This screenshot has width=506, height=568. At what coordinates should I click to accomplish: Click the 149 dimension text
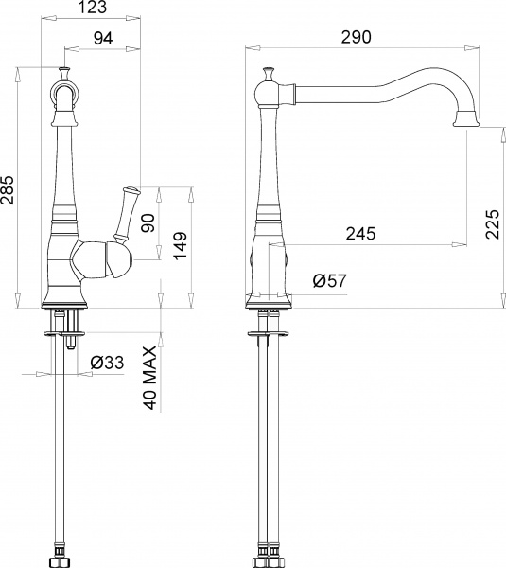click(x=180, y=247)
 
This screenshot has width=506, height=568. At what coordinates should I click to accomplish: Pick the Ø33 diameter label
click(x=109, y=362)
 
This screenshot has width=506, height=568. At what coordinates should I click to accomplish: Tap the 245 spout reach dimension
click(x=361, y=233)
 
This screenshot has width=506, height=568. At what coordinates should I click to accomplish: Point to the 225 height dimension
click(x=492, y=225)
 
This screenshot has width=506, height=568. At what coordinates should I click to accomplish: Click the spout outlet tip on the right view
click(x=467, y=119)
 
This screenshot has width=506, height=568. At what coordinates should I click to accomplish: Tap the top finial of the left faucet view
click(x=65, y=72)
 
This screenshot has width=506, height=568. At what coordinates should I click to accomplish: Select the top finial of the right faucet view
click(x=268, y=74)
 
